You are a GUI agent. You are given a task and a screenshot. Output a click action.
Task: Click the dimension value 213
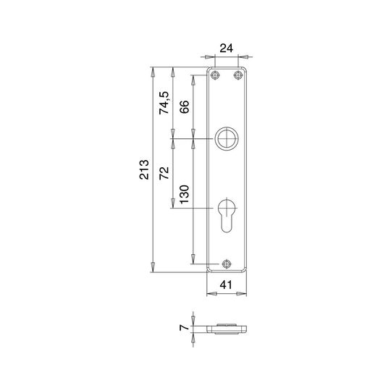tap(144, 169)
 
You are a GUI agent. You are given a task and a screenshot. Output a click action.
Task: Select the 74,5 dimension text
tap(164, 103)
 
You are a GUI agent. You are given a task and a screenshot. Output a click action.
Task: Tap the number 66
tap(185, 107)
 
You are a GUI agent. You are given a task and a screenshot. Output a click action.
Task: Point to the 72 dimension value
tap(164, 173)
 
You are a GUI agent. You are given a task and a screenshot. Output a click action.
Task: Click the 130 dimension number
tap(185, 194)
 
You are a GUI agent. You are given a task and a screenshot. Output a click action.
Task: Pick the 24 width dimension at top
tap(226, 48)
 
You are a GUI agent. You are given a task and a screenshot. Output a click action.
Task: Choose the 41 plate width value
tap(226, 285)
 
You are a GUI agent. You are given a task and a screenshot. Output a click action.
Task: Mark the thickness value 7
tap(184, 327)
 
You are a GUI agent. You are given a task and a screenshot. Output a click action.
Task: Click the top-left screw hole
tap(215, 75)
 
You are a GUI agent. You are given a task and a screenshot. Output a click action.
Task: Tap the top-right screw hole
tap(238, 75)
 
